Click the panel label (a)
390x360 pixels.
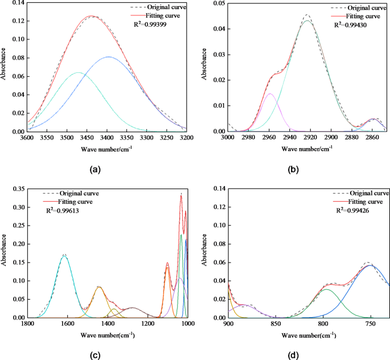point(95,169)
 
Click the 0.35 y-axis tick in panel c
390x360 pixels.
point(18,189)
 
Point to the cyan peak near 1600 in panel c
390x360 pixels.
point(64,257)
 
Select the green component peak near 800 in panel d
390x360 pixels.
point(325,289)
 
